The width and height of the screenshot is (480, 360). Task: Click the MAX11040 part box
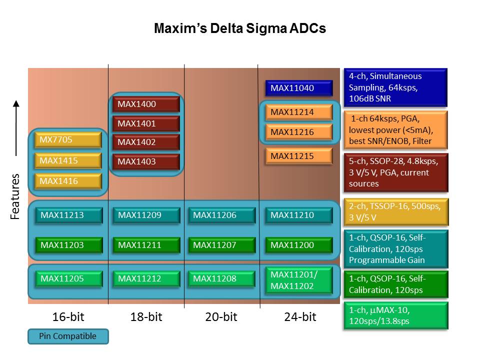tap(298, 88)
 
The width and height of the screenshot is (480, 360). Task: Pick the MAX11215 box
tap(298, 156)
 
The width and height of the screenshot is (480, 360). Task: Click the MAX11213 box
tap(68, 215)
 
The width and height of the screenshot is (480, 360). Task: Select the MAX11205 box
tap(68, 278)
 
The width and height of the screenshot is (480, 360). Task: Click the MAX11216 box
tap(298, 132)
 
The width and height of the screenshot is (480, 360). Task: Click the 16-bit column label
tap(67, 317)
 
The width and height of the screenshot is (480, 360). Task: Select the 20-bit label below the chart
tap(220, 317)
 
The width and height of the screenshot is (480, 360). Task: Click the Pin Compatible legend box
tap(67, 336)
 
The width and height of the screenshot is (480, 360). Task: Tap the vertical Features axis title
tap(16, 196)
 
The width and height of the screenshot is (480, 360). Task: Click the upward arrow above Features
tap(16, 127)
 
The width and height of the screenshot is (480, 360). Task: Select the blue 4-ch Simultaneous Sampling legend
tap(395, 87)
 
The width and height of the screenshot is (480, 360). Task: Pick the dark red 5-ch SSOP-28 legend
tap(395, 173)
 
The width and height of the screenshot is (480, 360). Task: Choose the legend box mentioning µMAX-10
tap(395, 315)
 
